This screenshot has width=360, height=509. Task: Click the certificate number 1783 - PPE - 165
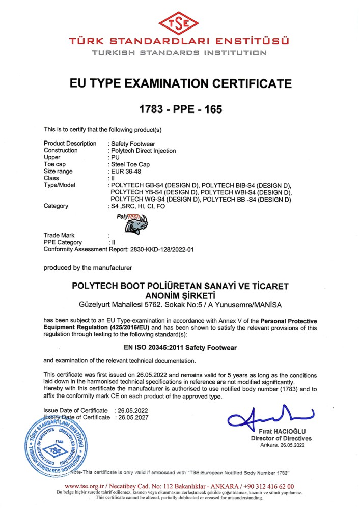181,109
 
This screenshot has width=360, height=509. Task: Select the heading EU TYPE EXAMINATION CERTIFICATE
181,83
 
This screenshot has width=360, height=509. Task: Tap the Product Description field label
70,144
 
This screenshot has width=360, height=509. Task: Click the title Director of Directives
281,438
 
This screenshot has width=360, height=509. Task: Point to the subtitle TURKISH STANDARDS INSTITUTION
180,52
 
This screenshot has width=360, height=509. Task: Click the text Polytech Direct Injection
143,150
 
